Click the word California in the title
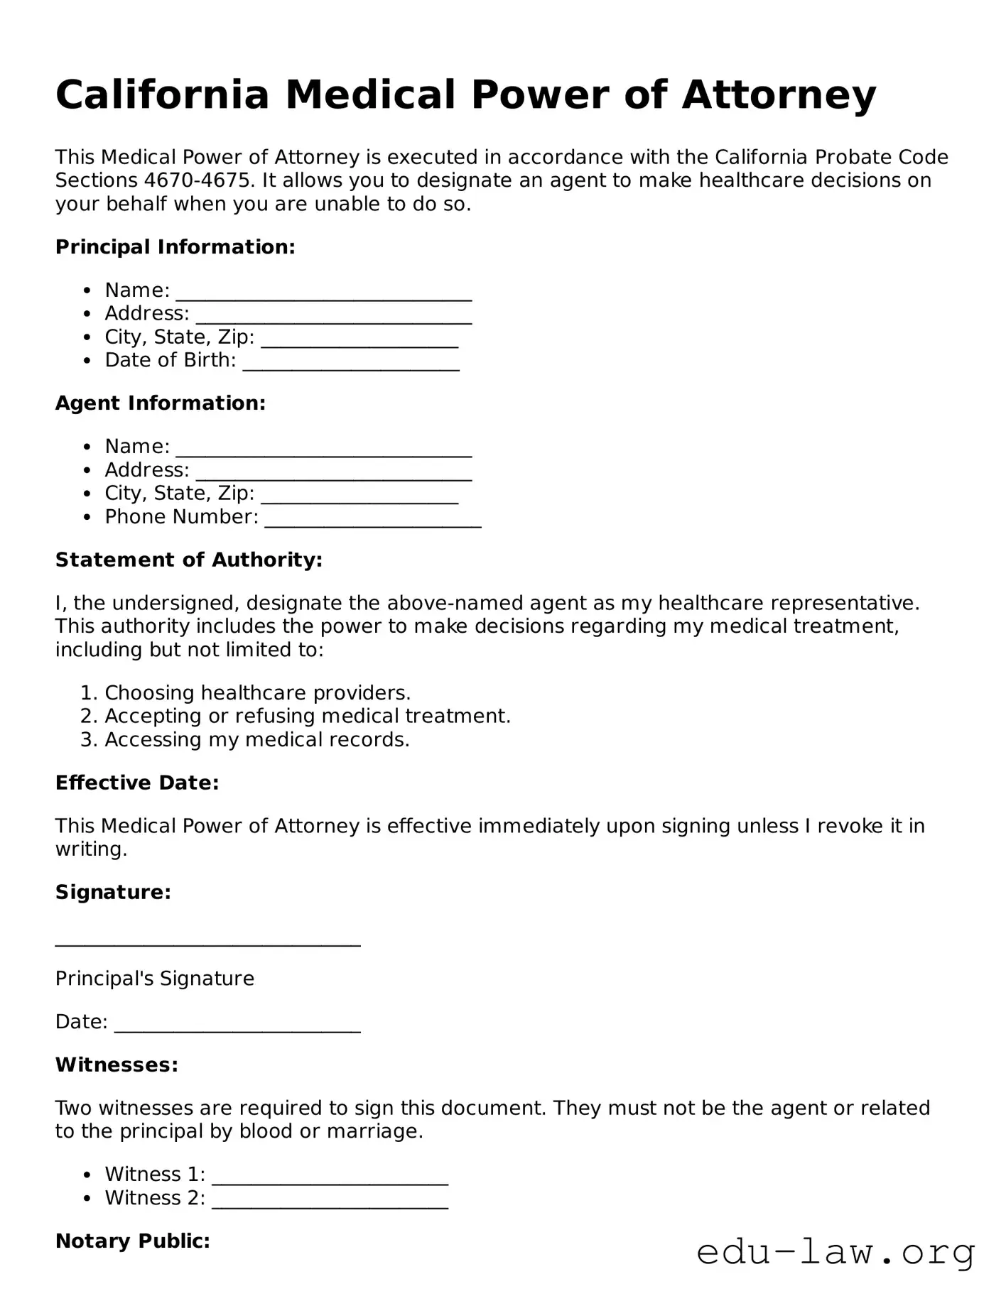pyautogui.click(x=163, y=94)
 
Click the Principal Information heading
pyautogui.click(x=175, y=247)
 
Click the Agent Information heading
pyautogui.click(x=160, y=403)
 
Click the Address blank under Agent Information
pyautogui.click(x=333, y=472)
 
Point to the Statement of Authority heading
pyautogui.click(x=189, y=560)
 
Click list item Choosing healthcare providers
pyautogui.click(x=257, y=693)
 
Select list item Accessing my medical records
pyautogui.click(x=256, y=740)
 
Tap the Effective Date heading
pyautogui.click(x=137, y=783)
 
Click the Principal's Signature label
pyautogui.click(x=154, y=979)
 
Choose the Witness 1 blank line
pyautogui.click(x=330, y=1176)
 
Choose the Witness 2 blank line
pyautogui.click(x=330, y=1199)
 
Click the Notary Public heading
pyautogui.click(x=132, y=1241)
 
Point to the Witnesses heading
pyautogui.click(x=117, y=1065)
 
